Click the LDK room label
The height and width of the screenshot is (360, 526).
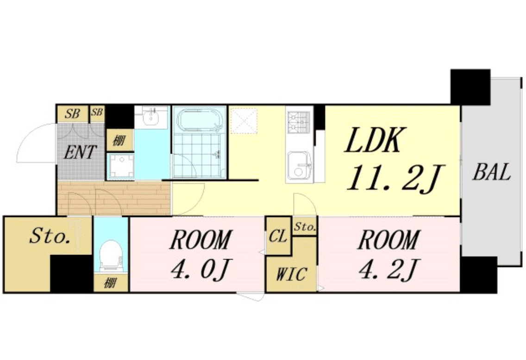click(x=373, y=140)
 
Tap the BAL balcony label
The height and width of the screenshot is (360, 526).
click(x=492, y=172)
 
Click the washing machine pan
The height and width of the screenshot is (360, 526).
click(x=120, y=166)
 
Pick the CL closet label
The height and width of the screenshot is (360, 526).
click(x=278, y=236)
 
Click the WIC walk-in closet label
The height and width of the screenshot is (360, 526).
click(x=291, y=274)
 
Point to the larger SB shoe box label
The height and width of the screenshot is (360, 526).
click(x=72, y=114)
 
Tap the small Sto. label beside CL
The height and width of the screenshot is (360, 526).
click(x=304, y=227)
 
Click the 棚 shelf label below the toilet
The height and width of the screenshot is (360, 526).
click(x=110, y=284)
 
